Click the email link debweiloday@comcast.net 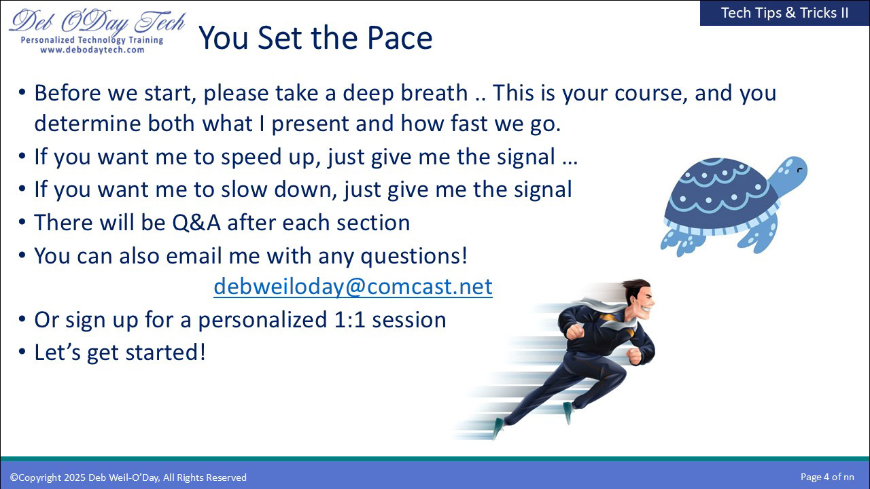[x=353, y=287]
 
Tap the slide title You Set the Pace [x=315, y=37]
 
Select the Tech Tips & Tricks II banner [x=784, y=13]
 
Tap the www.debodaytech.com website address [x=92, y=50]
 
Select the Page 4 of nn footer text [x=827, y=477]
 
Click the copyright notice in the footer [x=128, y=477]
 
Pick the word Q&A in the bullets [x=196, y=223]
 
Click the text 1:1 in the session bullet [x=349, y=320]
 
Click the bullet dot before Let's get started [x=22, y=352]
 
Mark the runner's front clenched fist [x=575, y=331]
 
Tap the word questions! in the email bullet [x=414, y=257]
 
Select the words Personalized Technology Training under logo [x=92, y=40]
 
